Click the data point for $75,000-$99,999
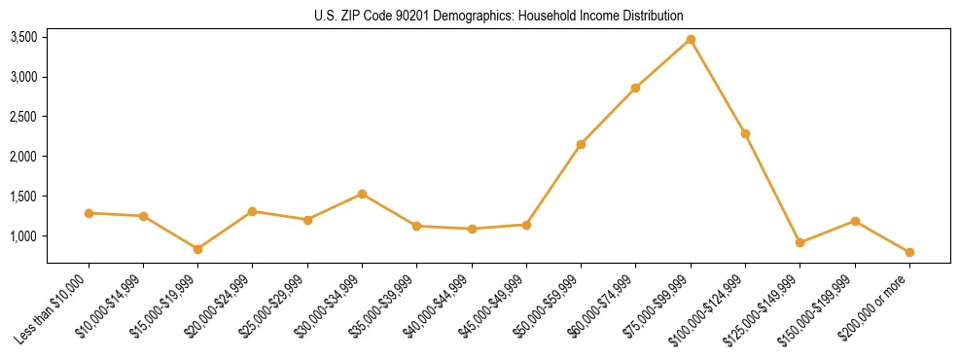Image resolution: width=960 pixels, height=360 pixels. click(x=691, y=39)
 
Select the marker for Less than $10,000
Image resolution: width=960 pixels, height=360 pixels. click(x=89, y=213)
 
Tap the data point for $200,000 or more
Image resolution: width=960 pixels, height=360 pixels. click(x=909, y=252)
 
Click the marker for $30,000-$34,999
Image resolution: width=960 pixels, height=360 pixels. click(x=362, y=194)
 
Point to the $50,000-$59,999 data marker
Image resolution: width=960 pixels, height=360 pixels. click(x=581, y=144)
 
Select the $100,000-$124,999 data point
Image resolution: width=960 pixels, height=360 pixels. click(x=745, y=133)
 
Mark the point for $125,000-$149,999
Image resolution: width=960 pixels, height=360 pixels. click(x=800, y=242)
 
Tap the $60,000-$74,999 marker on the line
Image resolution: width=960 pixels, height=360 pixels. click(x=635, y=88)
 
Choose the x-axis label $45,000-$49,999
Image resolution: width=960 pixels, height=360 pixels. click(x=494, y=305)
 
